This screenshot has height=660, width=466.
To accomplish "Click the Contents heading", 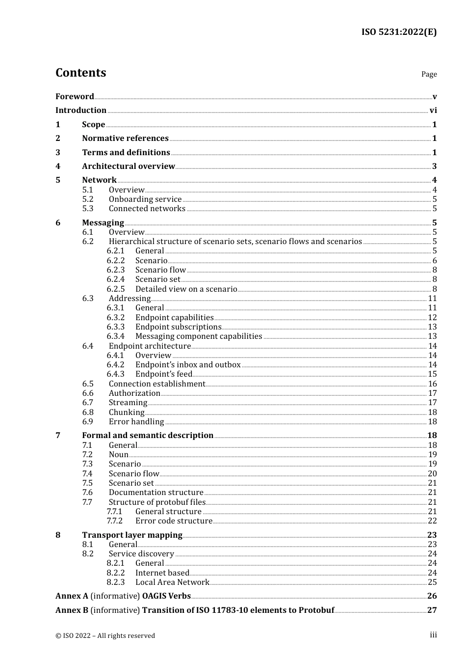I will coord(80,73).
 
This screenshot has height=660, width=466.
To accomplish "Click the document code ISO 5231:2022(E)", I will coord(399,32).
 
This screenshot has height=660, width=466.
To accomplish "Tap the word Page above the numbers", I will coord(429,74).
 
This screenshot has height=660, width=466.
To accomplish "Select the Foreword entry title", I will coord(75,96).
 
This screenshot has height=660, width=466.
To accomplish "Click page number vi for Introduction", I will coord(433,110).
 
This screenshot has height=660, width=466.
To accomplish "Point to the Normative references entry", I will coord(125,138).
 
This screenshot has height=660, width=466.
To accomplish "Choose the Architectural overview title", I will coord(129,166).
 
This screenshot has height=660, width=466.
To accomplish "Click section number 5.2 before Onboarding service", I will coord(88,199).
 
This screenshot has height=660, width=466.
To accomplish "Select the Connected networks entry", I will coord(147,209).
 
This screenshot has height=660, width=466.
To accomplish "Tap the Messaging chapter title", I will coord(103,223).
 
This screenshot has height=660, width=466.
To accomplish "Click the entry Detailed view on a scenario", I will coord(186,289).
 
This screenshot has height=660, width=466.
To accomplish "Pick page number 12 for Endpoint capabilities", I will coord(432,318).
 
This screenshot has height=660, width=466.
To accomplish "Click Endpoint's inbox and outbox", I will coord(188,365).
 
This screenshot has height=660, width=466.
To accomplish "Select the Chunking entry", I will coord(127,412).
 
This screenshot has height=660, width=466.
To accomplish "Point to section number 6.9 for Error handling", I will coord(88,422).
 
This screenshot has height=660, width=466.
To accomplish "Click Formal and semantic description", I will coord(148,436).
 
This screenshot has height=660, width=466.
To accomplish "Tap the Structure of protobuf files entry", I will coord(157,502).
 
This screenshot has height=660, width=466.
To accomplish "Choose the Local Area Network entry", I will coord(172,582).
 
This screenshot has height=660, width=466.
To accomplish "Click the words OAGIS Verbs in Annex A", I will coord(166,596).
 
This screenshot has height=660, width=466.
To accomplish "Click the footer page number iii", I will coord(433,635).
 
